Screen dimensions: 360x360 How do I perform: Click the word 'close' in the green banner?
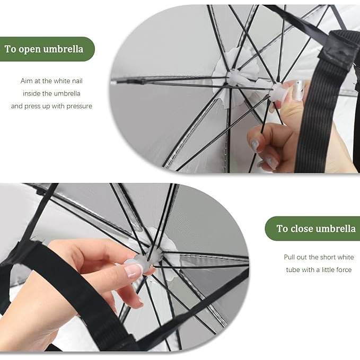pyautogui.click(x=302, y=229)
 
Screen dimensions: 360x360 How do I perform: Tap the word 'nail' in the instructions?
pyautogui.click(x=77, y=81)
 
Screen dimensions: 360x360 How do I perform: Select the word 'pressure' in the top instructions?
pyautogui.click(x=79, y=106)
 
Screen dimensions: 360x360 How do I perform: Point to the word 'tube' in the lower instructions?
pyautogui.click(x=293, y=269)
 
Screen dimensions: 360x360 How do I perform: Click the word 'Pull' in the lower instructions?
pyautogui.click(x=289, y=257)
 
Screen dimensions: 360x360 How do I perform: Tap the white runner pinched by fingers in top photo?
pyautogui.click(x=278, y=91)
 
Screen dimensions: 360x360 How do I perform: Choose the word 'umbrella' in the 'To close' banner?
pyautogui.click(x=336, y=229)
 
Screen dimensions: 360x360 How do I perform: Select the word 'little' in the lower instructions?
pyautogui.click(x=327, y=269)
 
